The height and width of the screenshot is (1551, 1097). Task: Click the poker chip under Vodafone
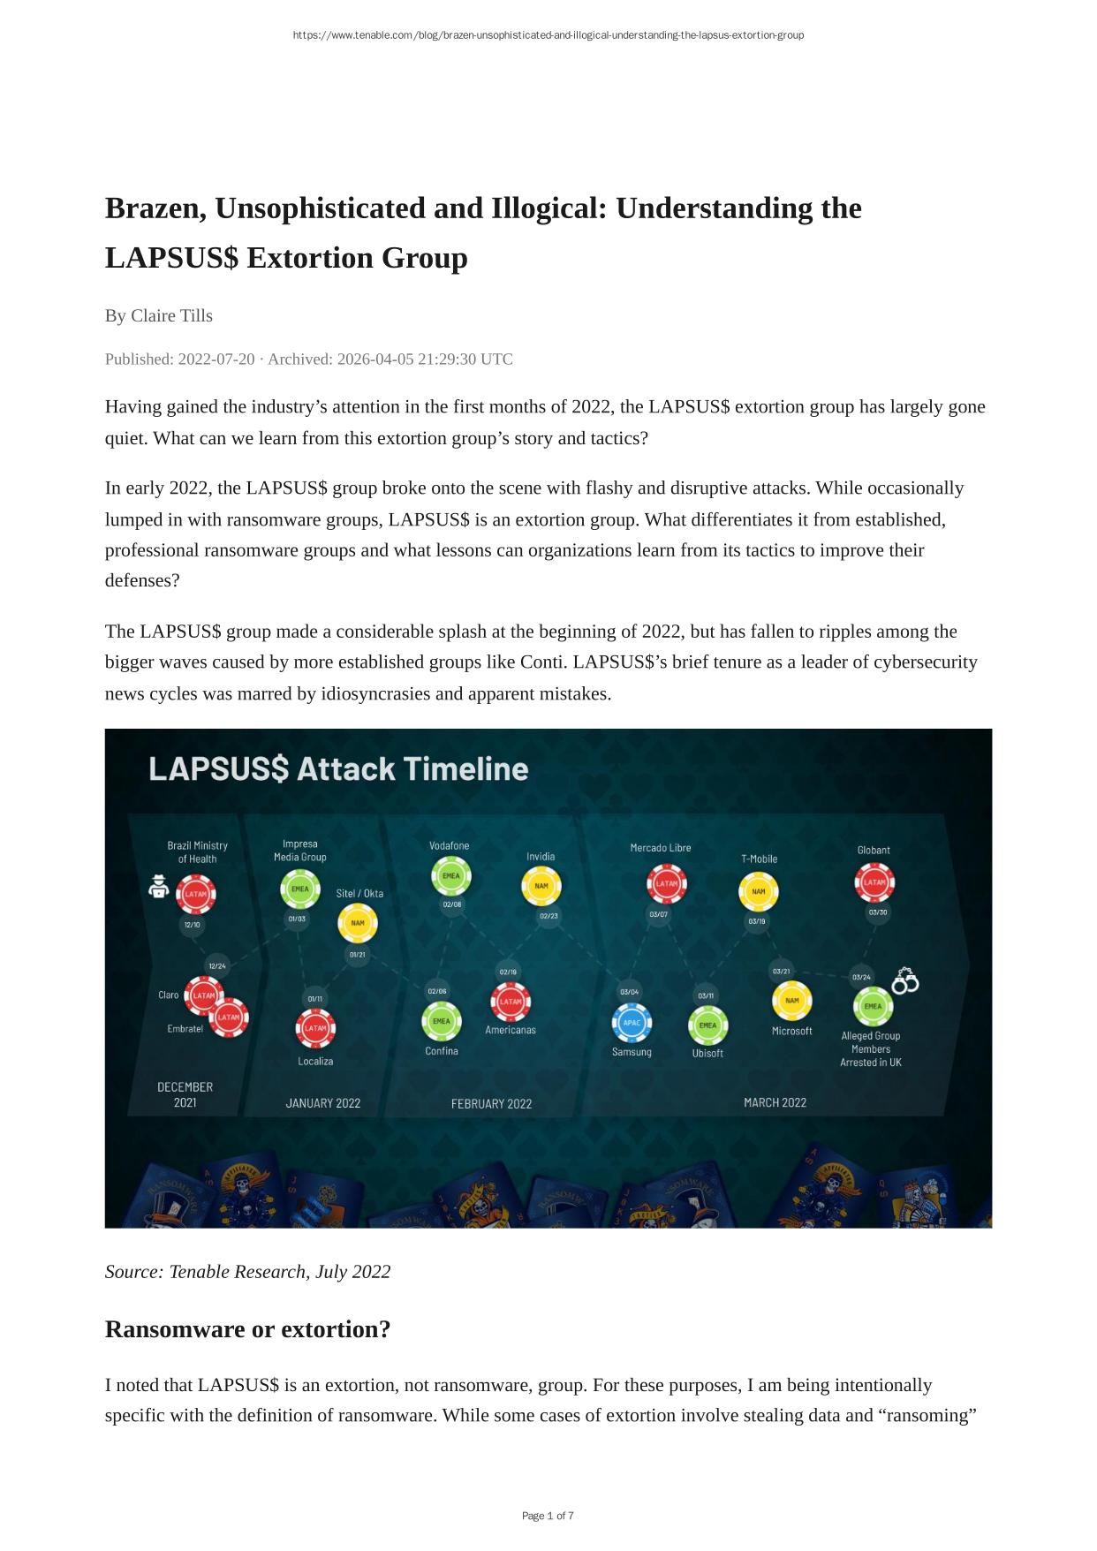[451, 876]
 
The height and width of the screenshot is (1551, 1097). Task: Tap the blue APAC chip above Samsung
[632, 1023]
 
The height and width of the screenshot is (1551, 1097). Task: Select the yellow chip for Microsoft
[791, 1001]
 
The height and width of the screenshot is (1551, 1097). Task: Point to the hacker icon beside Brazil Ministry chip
[158, 886]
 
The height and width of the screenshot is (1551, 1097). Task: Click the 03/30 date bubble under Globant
[877, 912]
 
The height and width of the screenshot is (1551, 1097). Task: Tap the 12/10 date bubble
[192, 925]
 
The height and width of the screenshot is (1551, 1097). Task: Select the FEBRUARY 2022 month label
[491, 1103]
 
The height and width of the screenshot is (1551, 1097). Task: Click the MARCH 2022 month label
[775, 1102]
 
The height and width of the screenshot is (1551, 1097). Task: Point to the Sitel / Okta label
[359, 893]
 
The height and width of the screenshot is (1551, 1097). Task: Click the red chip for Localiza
[315, 1028]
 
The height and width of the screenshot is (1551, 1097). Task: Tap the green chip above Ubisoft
[707, 1025]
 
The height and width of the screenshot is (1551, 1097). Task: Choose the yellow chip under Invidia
[541, 886]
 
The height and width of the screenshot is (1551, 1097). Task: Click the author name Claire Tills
[171, 315]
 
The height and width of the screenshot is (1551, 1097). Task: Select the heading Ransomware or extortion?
[247, 1328]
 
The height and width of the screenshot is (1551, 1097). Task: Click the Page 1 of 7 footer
[548, 1516]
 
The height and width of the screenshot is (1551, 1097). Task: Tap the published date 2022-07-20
[216, 359]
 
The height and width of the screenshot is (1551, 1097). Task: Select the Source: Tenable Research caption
[247, 1271]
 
